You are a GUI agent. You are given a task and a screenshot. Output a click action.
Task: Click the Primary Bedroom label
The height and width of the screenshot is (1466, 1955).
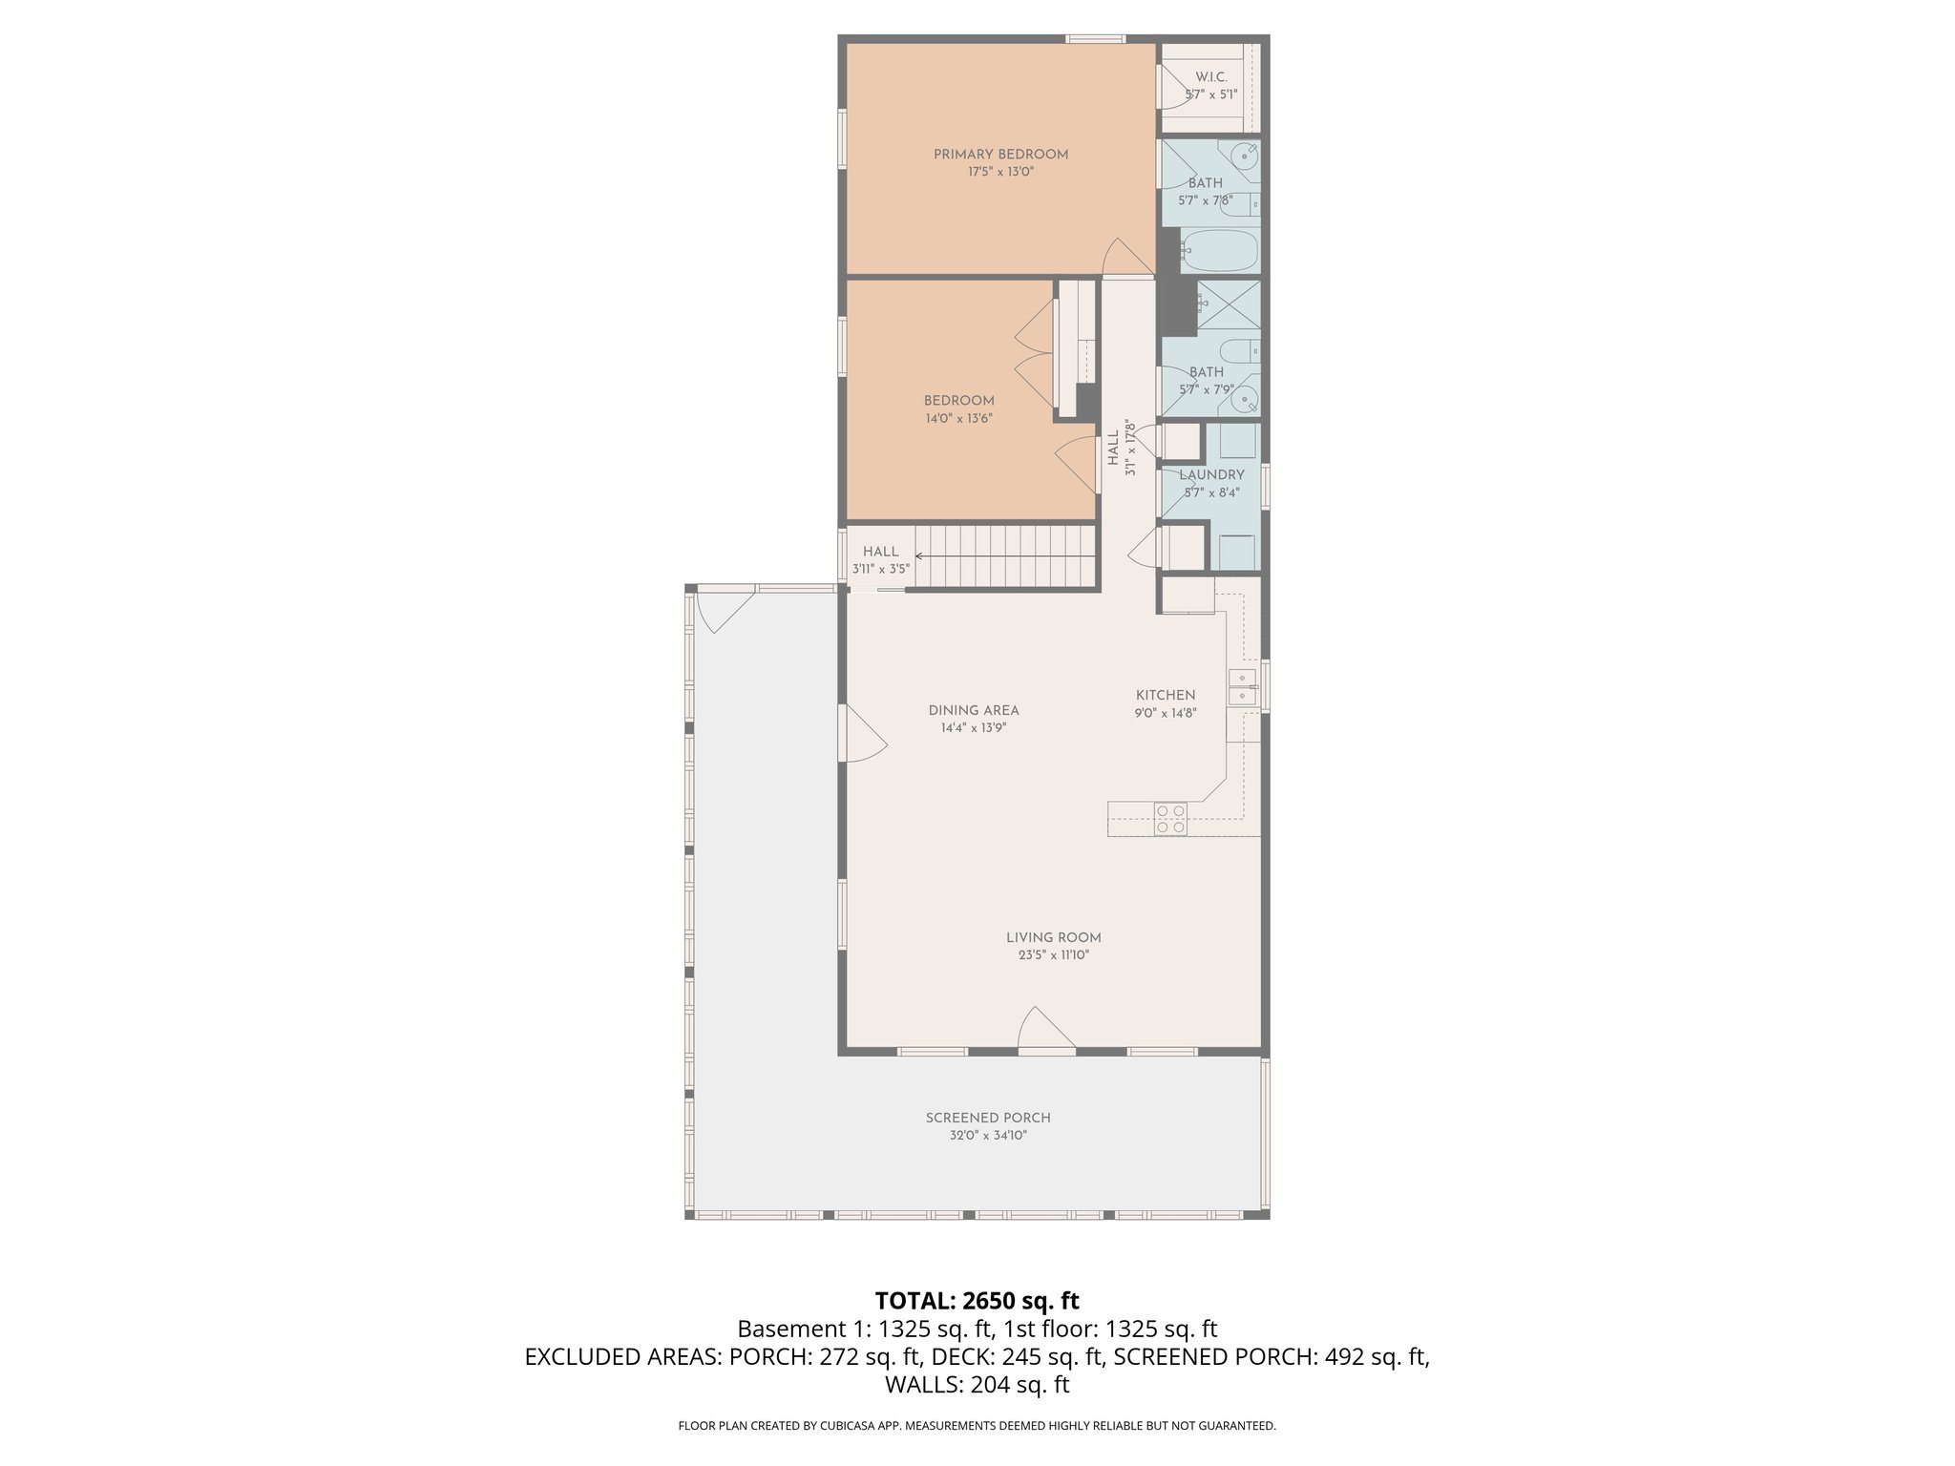pyautogui.click(x=1000, y=155)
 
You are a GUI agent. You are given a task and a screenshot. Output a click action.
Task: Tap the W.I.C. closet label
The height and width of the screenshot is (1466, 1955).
pyautogui.click(x=1210, y=77)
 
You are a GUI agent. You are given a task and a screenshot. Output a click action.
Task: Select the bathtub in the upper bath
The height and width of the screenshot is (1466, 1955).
pyautogui.click(x=1220, y=251)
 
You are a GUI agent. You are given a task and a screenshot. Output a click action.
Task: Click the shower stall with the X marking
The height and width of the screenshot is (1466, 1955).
pyautogui.click(x=1229, y=304)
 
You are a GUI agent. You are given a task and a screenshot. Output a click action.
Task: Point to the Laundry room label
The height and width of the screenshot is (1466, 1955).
pyautogui.click(x=1211, y=475)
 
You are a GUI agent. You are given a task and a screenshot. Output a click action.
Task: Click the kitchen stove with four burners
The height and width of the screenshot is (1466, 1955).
pyautogui.click(x=1170, y=820)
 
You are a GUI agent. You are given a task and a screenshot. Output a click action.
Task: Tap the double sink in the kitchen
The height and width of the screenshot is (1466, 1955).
pyautogui.click(x=1241, y=687)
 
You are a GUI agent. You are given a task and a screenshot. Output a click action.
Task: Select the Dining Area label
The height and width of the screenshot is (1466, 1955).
pyautogui.click(x=974, y=711)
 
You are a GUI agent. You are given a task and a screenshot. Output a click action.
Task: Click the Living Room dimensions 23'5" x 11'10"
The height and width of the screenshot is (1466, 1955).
pyautogui.click(x=1053, y=955)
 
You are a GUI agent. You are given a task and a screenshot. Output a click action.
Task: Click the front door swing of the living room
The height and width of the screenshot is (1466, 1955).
pyautogui.click(x=1046, y=1030)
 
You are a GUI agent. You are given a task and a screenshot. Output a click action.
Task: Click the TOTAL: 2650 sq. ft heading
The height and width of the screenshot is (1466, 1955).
pyautogui.click(x=977, y=1301)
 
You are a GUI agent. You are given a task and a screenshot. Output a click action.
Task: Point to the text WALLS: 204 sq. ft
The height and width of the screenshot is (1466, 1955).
pyautogui.click(x=977, y=1385)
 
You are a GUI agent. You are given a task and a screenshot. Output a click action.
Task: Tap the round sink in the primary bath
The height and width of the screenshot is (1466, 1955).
pyautogui.click(x=1244, y=156)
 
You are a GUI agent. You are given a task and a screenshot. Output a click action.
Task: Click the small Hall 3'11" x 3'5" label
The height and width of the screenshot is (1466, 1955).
pyautogui.click(x=880, y=560)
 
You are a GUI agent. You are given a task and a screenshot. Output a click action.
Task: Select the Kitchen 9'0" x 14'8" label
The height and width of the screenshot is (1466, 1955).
pyautogui.click(x=1166, y=703)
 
